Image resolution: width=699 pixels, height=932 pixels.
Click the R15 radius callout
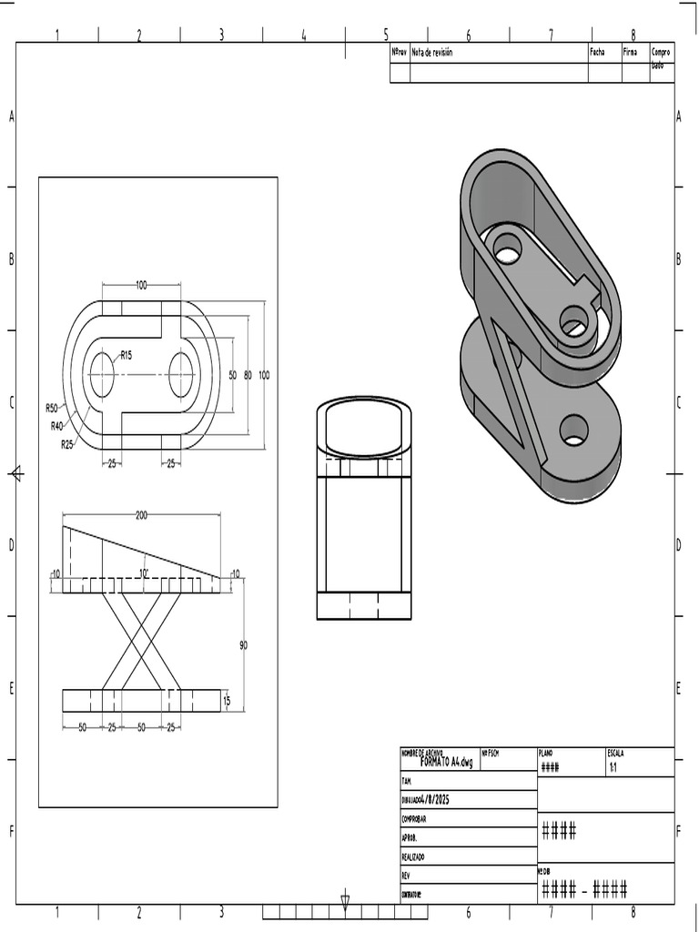[x=126, y=355]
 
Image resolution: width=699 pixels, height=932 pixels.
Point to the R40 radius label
[x=58, y=425]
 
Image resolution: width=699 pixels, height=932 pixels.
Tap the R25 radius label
[x=67, y=444]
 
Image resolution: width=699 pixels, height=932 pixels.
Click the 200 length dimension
[x=141, y=515]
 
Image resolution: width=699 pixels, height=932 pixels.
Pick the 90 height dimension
[x=243, y=644]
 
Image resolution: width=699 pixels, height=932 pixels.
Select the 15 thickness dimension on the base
[x=228, y=700]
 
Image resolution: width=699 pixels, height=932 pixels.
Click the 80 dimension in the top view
[x=248, y=375]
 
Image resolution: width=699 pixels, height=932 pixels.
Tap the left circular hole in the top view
[x=102, y=375]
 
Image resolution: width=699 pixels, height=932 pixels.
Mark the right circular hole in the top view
[x=181, y=375]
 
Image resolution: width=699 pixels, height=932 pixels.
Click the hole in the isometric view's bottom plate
[x=573, y=430]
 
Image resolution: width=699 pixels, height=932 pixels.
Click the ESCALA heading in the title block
[x=616, y=753]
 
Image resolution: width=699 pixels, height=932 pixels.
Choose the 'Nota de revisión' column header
[x=432, y=53]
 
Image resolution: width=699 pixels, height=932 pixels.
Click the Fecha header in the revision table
[x=597, y=53]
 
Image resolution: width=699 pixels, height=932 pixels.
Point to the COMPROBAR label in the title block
[x=415, y=818]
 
